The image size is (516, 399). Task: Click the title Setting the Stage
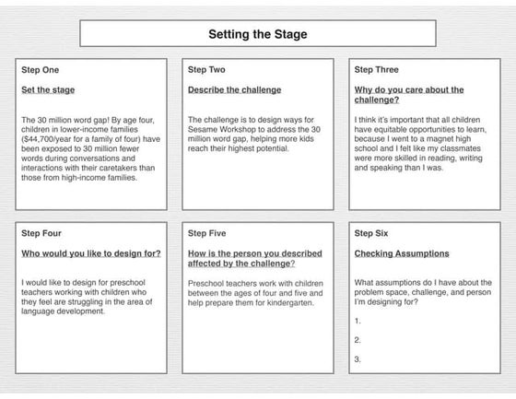[x=258, y=34]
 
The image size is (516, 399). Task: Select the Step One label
[x=41, y=70]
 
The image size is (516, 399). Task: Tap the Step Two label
[x=206, y=69]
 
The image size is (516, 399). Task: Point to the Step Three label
[x=376, y=69]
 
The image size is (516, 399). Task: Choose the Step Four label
[x=41, y=233]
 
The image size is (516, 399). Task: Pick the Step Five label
[x=206, y=233]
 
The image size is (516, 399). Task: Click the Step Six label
[x=370, y=233]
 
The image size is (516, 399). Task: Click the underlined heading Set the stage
[x=48, y=90]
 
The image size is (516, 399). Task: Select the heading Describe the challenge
[x=234, y=90]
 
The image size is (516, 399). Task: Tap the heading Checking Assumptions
[x=402, y=253]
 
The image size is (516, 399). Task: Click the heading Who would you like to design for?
[x=91, y=253]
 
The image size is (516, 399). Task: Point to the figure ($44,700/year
[x=46, y=139]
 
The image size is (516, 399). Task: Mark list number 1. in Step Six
[x=358, y=321]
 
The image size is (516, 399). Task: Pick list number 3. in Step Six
[x=358, y=359]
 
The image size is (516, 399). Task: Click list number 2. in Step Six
[x=358, y=340]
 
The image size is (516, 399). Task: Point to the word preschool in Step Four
[x=127, y=283]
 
